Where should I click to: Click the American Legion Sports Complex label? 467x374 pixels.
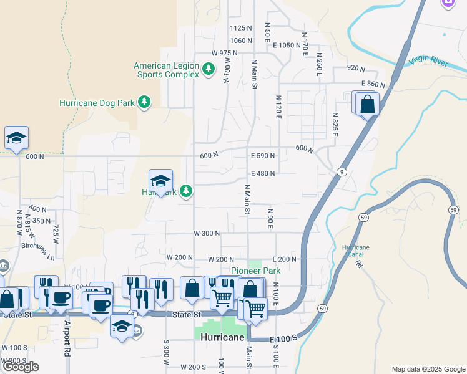point(166,70)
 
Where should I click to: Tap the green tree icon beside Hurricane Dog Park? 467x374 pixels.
point(144,102)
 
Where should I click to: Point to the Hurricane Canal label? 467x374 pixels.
point(355,251)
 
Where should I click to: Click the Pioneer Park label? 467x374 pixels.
point(255,271)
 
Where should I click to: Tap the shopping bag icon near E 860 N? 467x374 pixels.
point(368,104)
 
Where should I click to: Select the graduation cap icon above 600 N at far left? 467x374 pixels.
point(16,138)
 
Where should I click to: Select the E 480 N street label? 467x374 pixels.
point(263,174)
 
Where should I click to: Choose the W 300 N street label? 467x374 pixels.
point(207,233)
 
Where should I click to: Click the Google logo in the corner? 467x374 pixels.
point(21,367)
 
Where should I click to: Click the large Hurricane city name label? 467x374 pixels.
point(222,337)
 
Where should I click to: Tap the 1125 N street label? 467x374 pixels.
point(240,28)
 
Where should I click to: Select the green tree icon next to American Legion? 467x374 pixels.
point(209,70)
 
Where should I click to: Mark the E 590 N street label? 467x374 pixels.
point(263,156)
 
